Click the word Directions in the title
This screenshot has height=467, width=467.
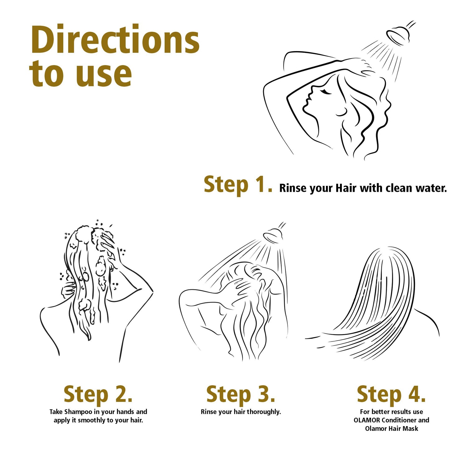point(115,40)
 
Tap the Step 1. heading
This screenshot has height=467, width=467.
point(238,185)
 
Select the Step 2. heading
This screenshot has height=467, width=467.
point(98,395)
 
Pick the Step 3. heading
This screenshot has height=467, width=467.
point(241,395)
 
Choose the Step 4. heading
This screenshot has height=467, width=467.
point(391,395)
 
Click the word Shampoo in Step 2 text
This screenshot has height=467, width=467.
point(78,412)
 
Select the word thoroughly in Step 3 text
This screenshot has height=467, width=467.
point(264,412)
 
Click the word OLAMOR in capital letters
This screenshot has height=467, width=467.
point(367,420)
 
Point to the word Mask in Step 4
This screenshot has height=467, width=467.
point(411,429)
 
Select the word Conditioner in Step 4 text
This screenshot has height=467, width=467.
point(399,420)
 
